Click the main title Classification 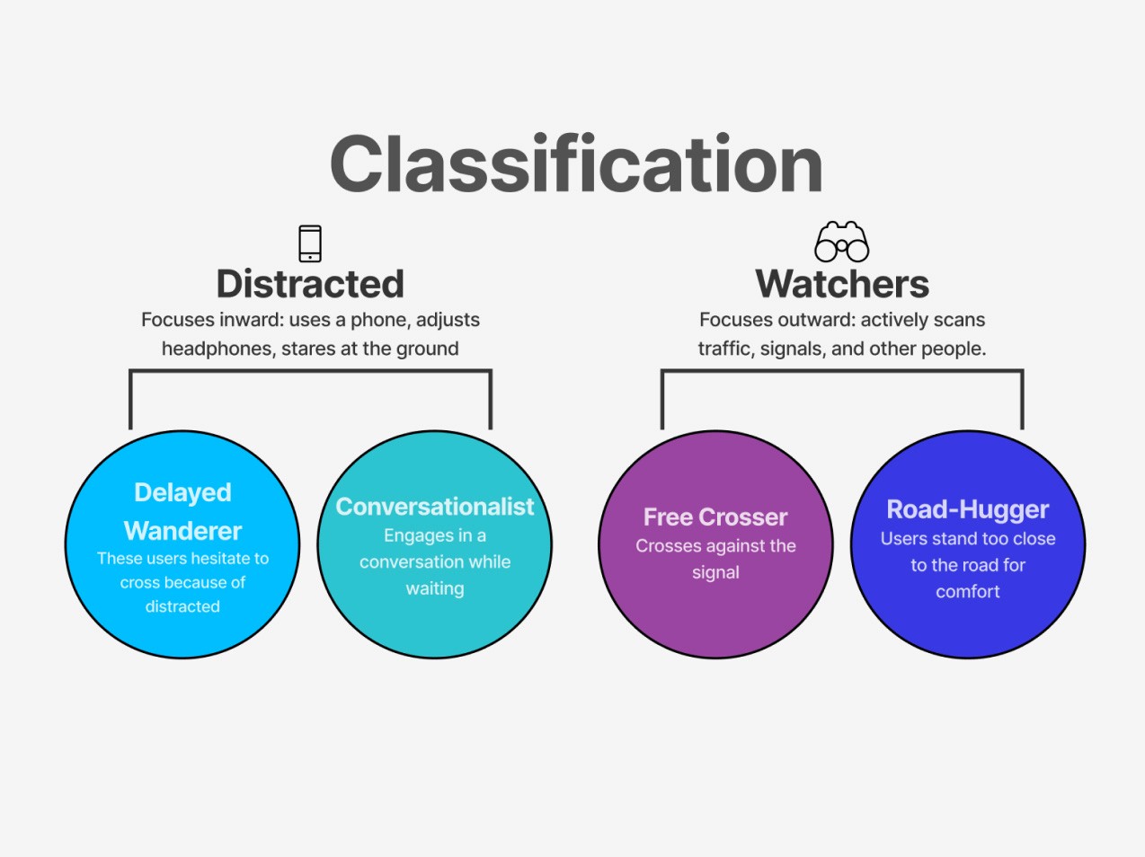point(576,163)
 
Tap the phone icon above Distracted point(310,243)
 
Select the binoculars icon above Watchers point(841,242)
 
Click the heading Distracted point(310,284)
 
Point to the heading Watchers point(842,284)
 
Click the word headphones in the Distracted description point(218,349)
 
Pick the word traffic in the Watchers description point(727,349)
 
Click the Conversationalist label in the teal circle point(434,506)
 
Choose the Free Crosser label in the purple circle point(715,517)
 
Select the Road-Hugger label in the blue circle point(968,509)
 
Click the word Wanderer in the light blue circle point(182,531)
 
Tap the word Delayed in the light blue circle point(182,493)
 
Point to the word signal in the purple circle point(715,572)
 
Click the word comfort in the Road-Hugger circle point(968,591)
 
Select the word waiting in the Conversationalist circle point(434,588)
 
